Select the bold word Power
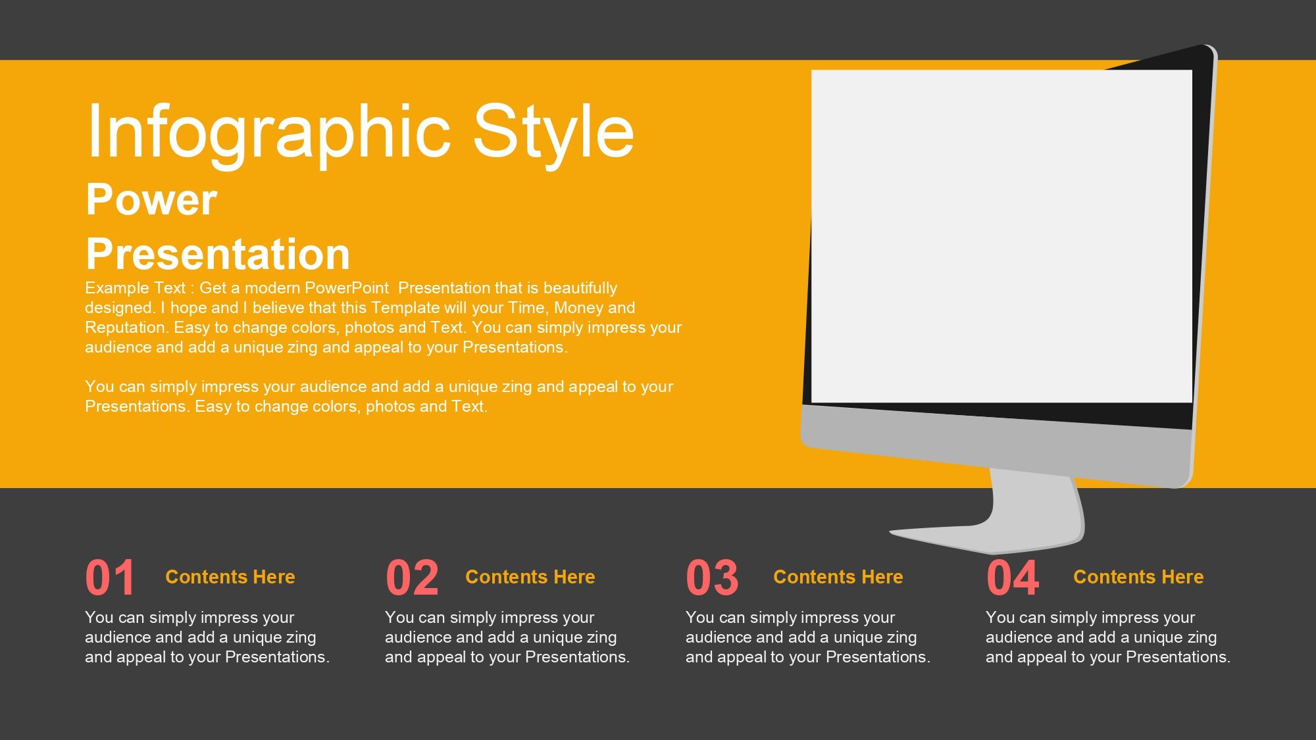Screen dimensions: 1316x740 [151, 199]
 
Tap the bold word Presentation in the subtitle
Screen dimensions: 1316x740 [218, 254]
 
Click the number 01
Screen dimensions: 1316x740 [111, 578]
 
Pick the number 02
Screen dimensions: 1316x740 [412, 578]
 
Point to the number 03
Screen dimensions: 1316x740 [712, 578]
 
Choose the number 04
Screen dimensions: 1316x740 [1013, 578]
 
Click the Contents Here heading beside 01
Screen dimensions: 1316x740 [230, 577]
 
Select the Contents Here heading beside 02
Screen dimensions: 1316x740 [530, 577]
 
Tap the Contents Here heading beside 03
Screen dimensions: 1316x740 [838, 577]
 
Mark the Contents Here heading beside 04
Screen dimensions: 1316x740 [1138, 577]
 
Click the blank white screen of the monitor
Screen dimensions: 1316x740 [1001, 236]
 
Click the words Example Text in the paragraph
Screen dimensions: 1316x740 [136, 288]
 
